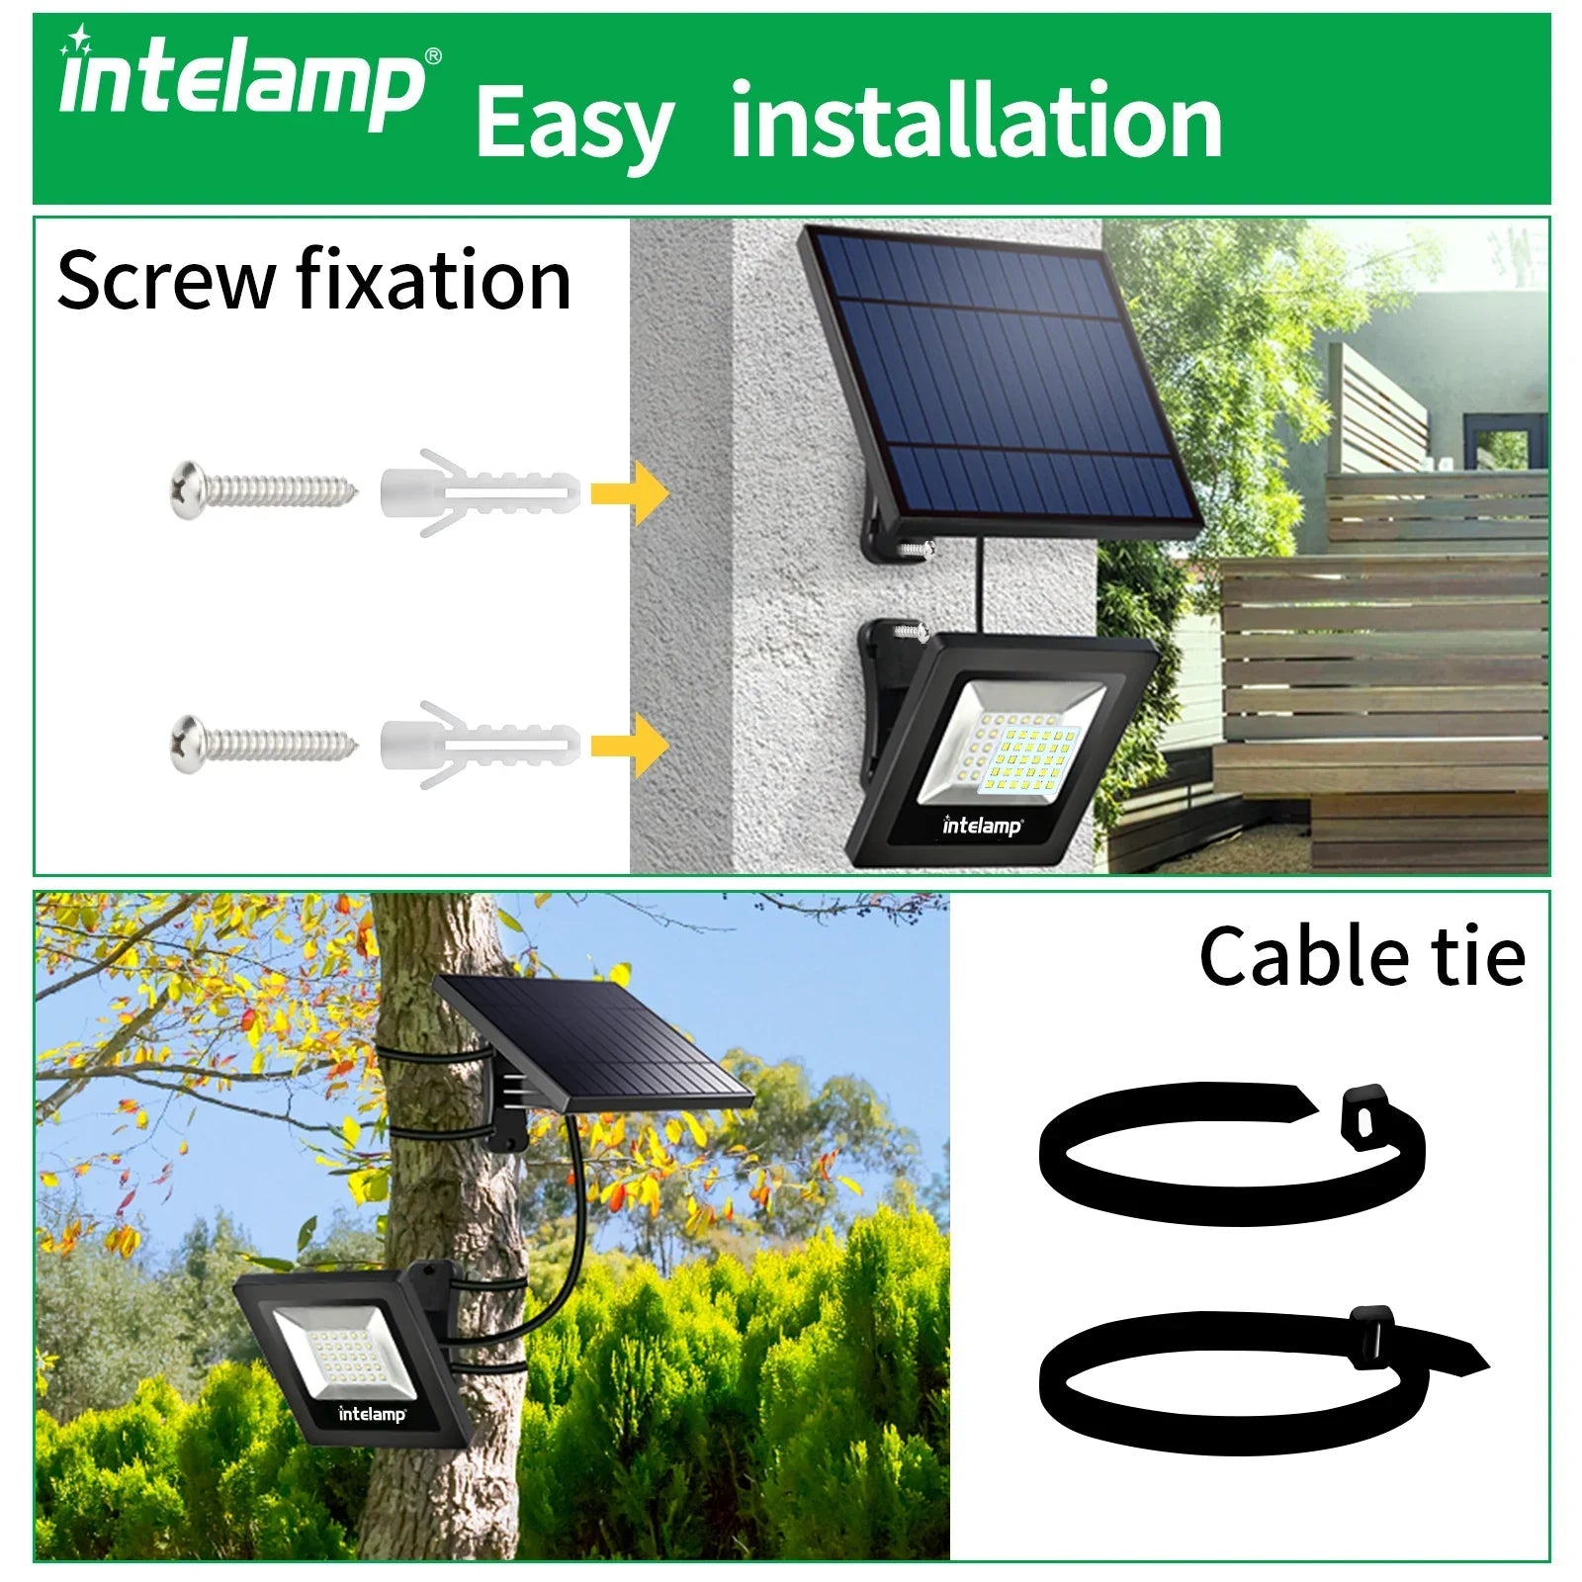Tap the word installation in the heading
pyautogui.click(x=976, y=121)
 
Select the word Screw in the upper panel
pyautogui.click(x=165, y=281)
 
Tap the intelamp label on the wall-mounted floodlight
pyautogui.click(x=982, y=825)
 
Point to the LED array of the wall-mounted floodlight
pyautogui.click(x=1023, y=756)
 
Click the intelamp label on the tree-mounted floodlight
pyautogui.click(x=373, y=1414)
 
